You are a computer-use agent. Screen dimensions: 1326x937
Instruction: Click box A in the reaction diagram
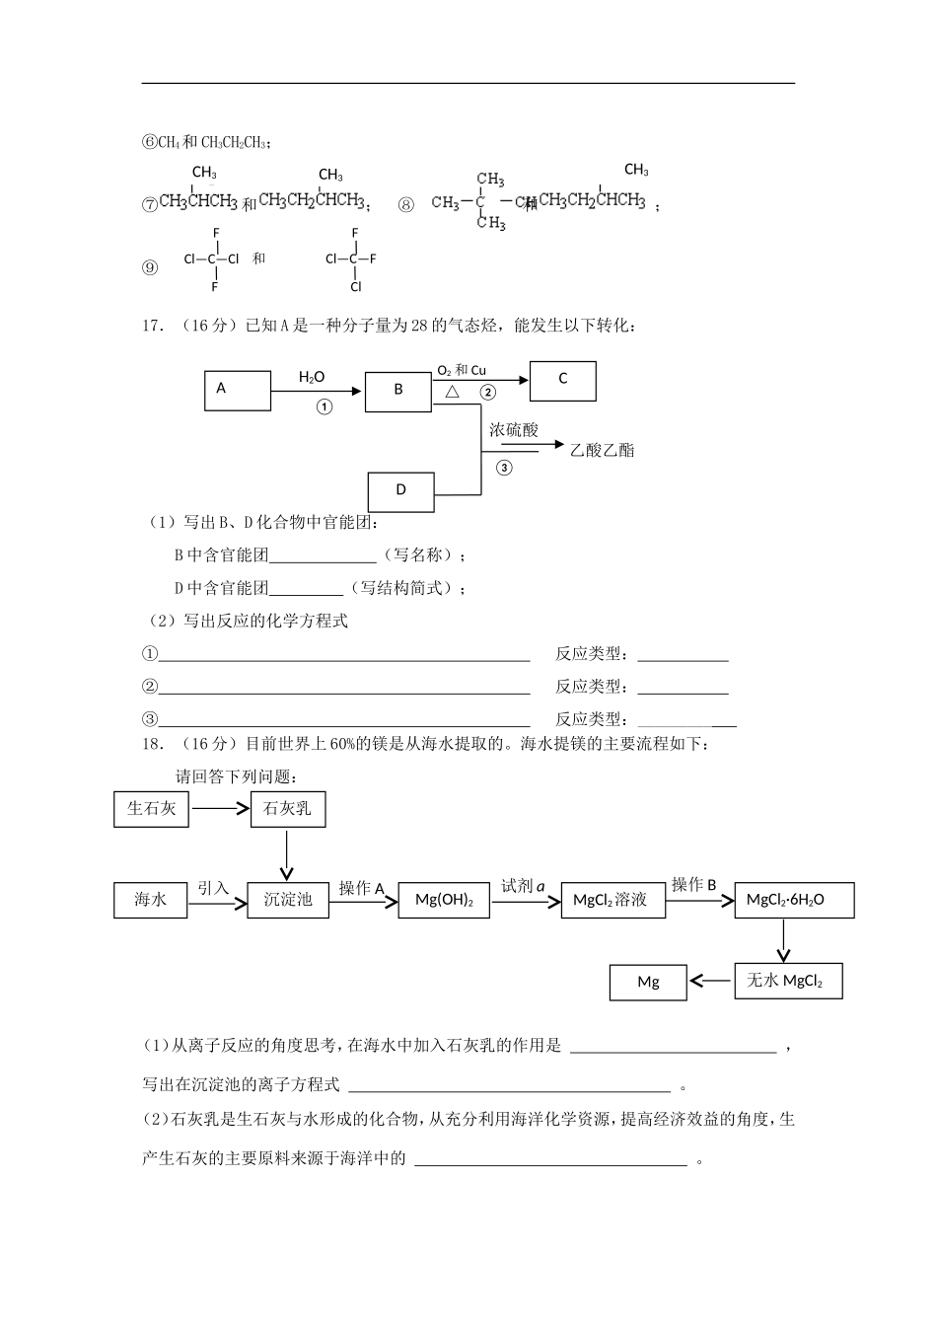[x=237, y=390]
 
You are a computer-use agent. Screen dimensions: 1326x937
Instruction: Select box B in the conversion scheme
[x=398, y=391]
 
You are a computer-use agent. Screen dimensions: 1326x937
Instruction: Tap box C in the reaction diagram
[x=562, y=381]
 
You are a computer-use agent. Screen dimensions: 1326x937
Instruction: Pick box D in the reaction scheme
[x=400, y=491]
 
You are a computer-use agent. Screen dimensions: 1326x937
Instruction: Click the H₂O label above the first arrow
[x=312, y=377]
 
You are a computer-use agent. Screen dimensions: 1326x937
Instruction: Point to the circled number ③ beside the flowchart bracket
[x=504, y=468]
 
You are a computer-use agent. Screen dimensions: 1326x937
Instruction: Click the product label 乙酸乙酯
[x=602, y=450]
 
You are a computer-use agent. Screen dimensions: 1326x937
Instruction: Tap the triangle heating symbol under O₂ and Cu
[x=453, y=393]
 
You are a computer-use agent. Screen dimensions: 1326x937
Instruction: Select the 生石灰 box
[x=151, y=809]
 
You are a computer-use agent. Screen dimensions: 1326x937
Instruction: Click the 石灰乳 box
[x=287, y=809]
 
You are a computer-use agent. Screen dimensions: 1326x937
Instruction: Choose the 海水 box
[x=150, y=899]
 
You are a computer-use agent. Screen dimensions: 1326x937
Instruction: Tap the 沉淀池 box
[x=287, y=899]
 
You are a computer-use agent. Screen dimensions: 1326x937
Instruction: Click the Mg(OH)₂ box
[x=444, y=900]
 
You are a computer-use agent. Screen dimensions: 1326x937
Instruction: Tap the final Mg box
[x=648, y=982]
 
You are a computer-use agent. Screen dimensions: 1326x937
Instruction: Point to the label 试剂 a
[x=523, y=886]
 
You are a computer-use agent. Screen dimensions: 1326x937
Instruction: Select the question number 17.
[x=153, y=326]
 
